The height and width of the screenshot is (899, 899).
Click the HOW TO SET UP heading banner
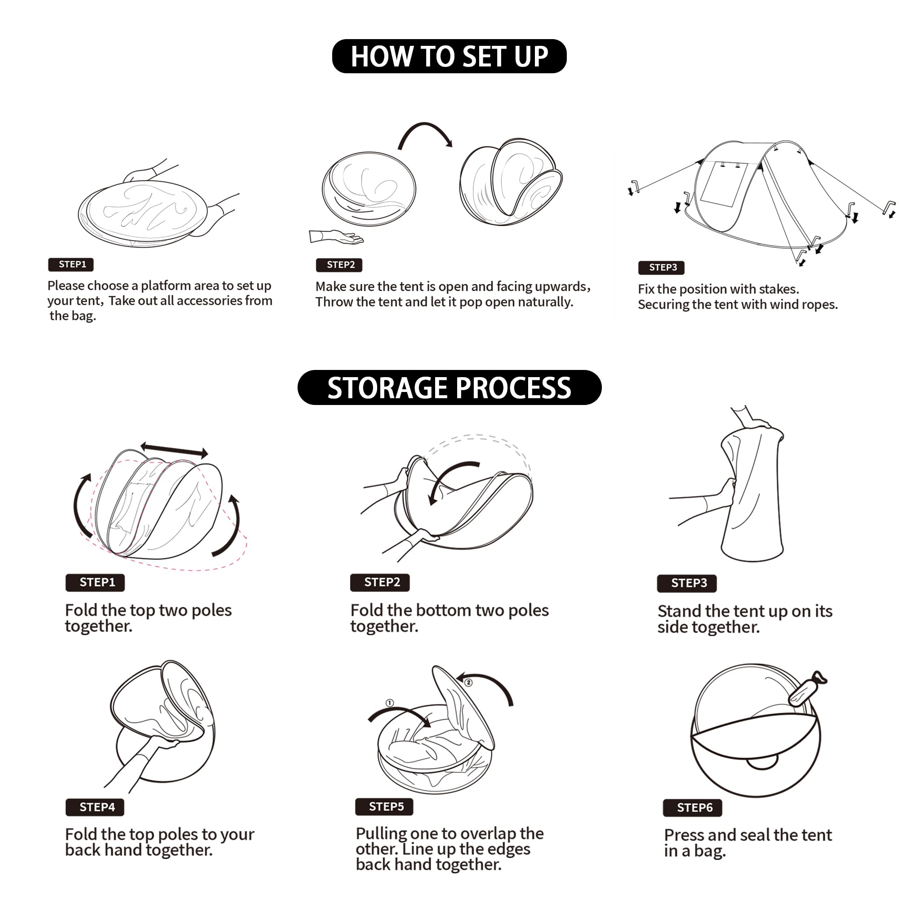point(449,56)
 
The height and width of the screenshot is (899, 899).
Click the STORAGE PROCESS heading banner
point(449,387)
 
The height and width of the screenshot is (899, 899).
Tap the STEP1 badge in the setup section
point(71,264)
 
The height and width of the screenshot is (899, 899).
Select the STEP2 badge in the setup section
point(339,265)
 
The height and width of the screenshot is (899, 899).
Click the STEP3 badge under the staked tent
point(661,267)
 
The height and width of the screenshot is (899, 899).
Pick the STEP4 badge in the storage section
point(95,807)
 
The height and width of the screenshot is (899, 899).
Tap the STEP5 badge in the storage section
point(384,806)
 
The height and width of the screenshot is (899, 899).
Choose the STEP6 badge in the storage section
point(692,807)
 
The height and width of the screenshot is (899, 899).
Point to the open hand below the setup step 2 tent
point(336,236)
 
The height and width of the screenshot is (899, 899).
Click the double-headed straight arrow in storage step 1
point(174,449)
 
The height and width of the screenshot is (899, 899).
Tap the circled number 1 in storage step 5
point(390,703)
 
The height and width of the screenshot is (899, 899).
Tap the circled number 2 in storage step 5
point(468,683)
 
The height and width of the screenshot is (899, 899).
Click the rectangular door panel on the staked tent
point(723,185)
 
